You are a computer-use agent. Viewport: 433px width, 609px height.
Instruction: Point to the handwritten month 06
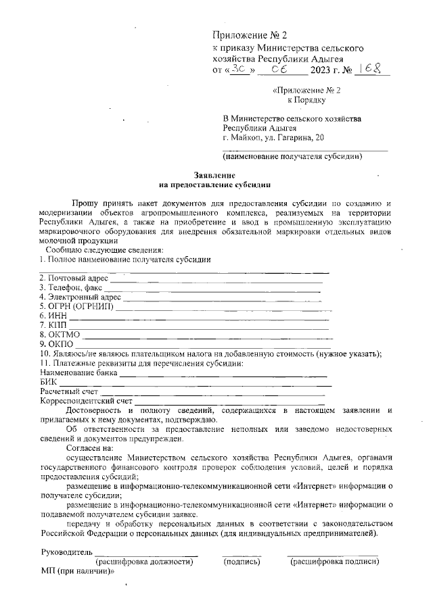click(280, 69)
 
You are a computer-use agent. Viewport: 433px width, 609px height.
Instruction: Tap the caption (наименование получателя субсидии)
click(292, 157)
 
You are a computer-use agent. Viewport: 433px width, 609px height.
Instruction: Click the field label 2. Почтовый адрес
click(74, 278)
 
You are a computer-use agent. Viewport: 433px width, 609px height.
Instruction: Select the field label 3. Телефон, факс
click(70, 287)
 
